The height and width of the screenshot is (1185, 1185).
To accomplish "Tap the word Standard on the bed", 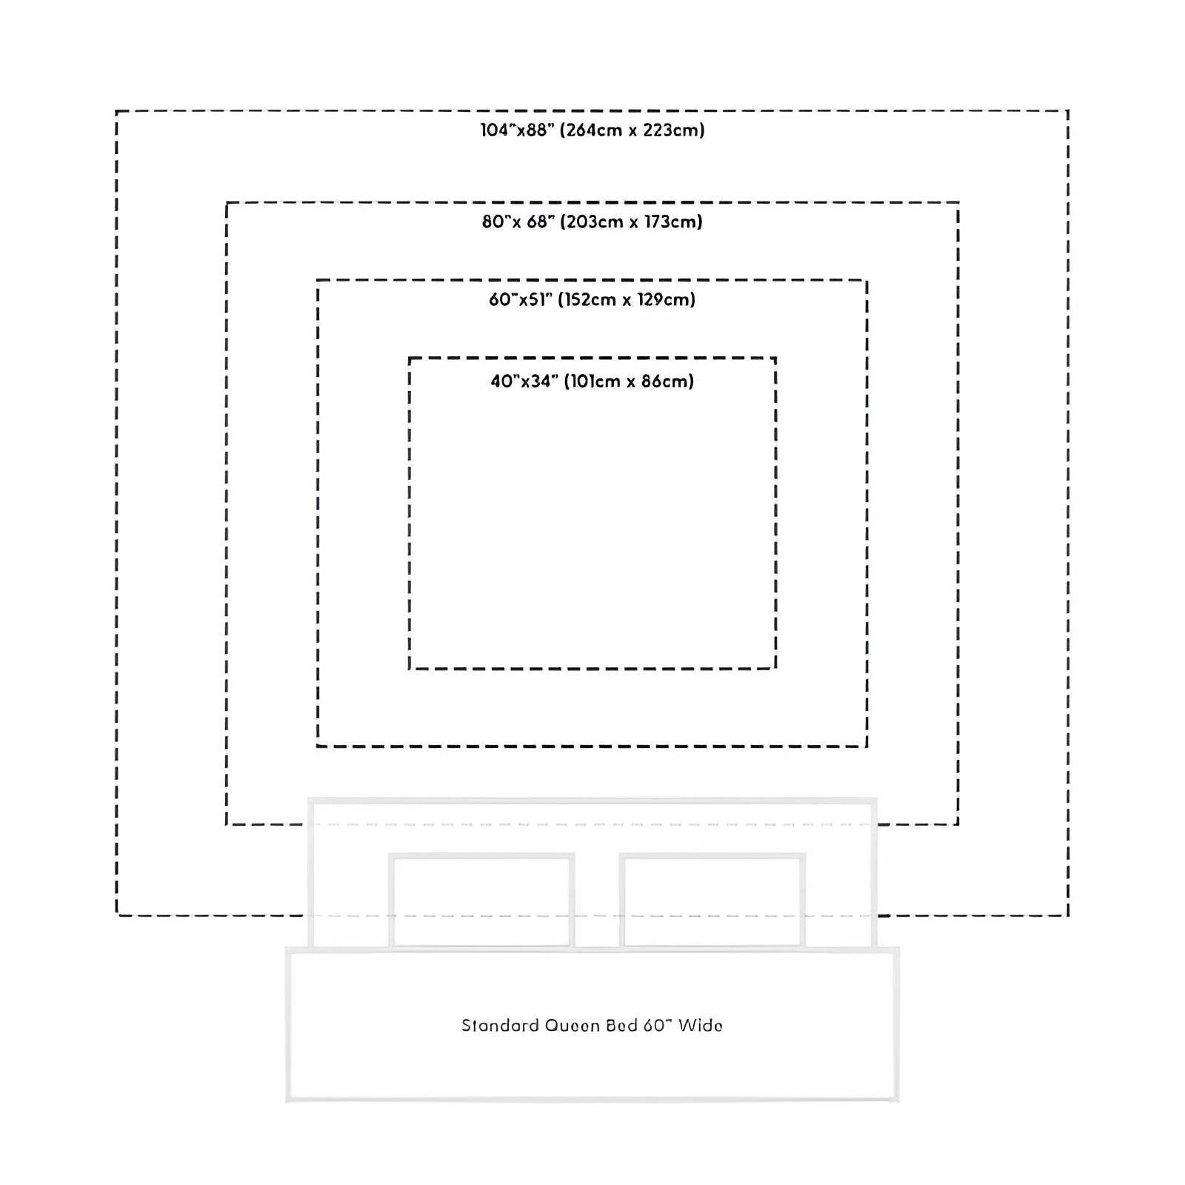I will click(499, 1026).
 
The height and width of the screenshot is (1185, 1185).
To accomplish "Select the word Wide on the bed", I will click(701, 1026).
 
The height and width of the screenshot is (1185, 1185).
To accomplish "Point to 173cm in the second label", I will click(670, 221).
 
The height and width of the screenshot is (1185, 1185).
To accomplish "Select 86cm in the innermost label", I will click(664, 381).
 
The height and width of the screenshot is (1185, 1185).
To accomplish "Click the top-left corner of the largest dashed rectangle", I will click(117, 111).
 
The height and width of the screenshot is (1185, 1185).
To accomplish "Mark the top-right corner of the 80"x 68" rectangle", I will click(958, 202).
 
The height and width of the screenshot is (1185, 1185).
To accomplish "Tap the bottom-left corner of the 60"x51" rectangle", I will click(318, 746).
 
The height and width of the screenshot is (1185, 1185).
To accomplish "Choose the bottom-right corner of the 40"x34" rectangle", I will click(775, 669).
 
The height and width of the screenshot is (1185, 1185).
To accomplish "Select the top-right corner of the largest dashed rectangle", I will click(1068, 111).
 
